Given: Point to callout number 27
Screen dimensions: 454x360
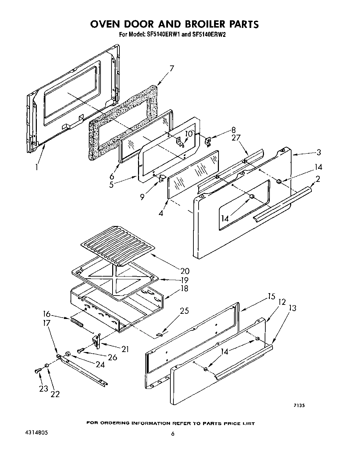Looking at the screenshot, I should [x=236, y=138].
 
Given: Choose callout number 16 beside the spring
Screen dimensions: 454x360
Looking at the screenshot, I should [x=47, y=314].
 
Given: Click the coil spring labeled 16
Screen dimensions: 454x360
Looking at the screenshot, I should [x=77, y=324].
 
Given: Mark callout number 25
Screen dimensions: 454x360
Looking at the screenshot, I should [x=184, y=311].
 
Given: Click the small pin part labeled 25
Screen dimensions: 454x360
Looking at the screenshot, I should [x=160, y=333].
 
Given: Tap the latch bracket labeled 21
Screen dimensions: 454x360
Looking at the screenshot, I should [x=96, y=341].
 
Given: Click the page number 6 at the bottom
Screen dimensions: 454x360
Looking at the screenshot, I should [x=173, y=434].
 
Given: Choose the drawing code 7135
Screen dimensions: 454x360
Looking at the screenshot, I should [x=299, y=405].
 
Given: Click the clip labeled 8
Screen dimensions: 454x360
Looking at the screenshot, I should [x=208, y=141].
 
